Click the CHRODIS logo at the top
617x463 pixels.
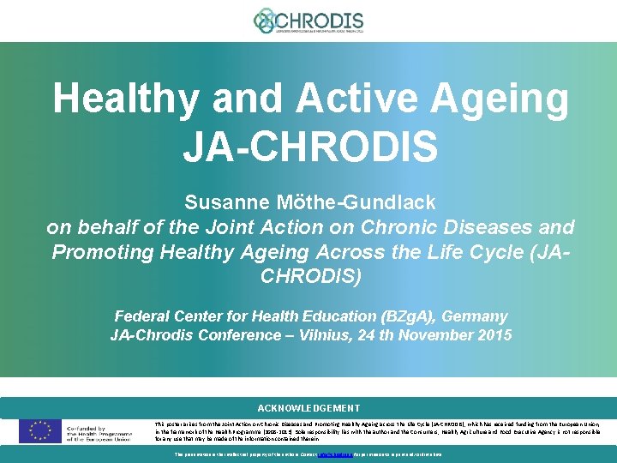click(308, 21)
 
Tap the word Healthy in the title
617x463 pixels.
click(128, 99)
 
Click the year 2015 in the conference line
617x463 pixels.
click(493, 335)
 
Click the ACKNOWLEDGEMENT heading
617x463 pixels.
click(308, 408)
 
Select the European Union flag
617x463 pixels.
click(40, 430)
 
